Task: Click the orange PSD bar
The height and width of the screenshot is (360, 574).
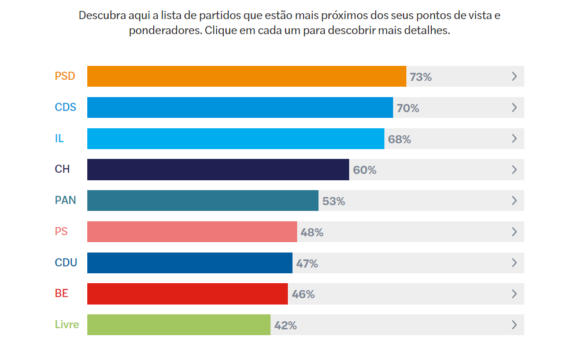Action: pyautogui.click(x=246, y=76)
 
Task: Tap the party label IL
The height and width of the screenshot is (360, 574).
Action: pyautogui.click(x=60, y=139)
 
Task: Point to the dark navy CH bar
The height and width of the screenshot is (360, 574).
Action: pyautogui.click(x=218, y=170)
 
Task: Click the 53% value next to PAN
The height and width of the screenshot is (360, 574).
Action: pyautogui.click(x=334, y=201)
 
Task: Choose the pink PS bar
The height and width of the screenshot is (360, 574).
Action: pyautogui.click(x=192, y=232)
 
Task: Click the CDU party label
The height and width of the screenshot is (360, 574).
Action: pyautogui.click(x=66, y=263)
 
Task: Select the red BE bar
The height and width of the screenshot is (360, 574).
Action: pyautogui.click(x=187, y=294)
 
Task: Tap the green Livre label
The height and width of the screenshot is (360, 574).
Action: pyautogui.click(x=67, y=325)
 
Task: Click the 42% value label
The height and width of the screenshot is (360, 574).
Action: pyautogui.click(x=286, y=325)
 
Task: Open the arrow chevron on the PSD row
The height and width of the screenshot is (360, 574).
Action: pyautogui.click(x=514, y=76)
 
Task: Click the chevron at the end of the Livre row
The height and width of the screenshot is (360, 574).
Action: pyautogui.click(x=514, y=325)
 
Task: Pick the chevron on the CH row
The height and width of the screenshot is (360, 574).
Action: pyautogui.click(x=514, y=170)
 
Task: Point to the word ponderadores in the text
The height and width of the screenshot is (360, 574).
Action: pyautogui.click(x=165, y=31)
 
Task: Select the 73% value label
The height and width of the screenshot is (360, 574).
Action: pyautogui.click(x=421, y=77)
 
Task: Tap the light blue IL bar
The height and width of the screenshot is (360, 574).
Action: pyautogui.click(x=235, y=139)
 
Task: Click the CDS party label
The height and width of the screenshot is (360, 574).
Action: pyautogui.click(x=65, y=107)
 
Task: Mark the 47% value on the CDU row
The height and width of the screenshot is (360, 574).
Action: pyautogui.click(x=307, y=263)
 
